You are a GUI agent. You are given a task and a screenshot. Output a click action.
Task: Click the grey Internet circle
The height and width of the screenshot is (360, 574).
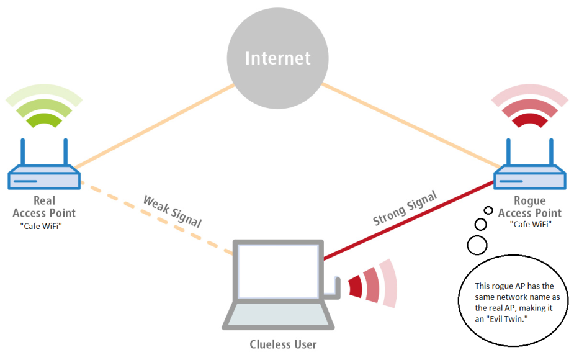click(x=277, y=58)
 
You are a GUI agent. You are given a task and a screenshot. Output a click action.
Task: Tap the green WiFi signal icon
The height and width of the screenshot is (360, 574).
click(x=44, y=111)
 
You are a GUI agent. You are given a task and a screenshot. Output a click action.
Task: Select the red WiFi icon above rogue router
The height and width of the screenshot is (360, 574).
click(x=529, y=111)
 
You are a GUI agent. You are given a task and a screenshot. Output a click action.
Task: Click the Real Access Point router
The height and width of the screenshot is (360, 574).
click(x=44, y=178)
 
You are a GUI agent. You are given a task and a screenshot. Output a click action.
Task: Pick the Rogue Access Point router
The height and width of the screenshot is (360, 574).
click(x=530, y=178)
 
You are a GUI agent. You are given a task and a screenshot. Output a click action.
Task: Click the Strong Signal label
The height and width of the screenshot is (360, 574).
click(x=405, y=209)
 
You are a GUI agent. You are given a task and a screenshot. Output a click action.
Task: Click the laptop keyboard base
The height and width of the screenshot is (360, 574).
click(x=277, y=316)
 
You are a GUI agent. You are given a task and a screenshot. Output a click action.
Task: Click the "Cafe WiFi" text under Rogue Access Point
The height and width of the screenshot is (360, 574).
click(x=530, y=225)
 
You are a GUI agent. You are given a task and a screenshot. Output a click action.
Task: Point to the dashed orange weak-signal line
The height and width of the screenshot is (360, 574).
click(x=155, y=217)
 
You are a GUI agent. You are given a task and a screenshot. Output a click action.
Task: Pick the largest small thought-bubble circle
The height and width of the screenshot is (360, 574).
click(x=477, y=245)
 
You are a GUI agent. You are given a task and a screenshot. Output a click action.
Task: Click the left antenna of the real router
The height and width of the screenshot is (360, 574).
click(x=23, y=152)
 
